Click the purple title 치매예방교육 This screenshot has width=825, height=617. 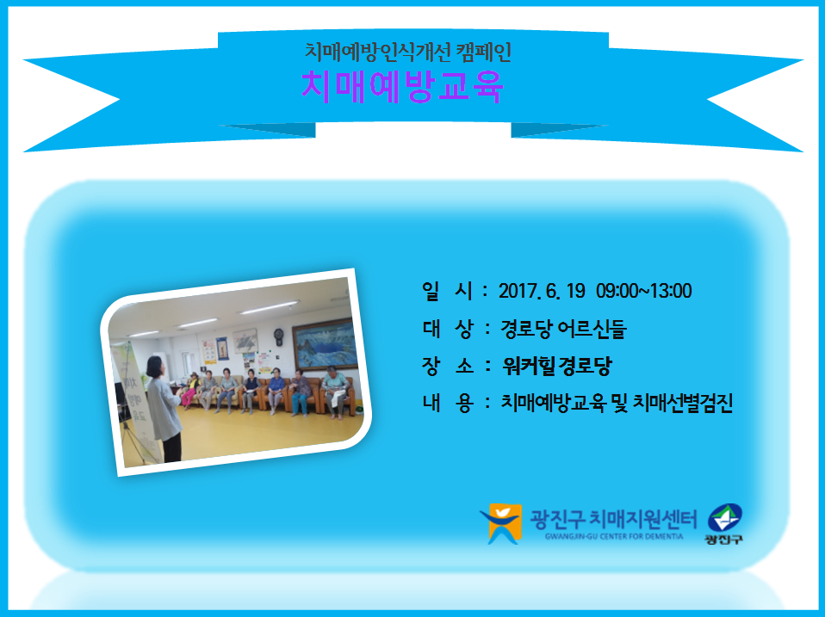[x=402, y=86]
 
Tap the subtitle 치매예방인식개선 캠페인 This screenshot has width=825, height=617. [x=408, y=52]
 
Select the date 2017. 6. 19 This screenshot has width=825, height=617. [x=542, y=291]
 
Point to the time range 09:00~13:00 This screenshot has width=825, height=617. [x=644, y=291]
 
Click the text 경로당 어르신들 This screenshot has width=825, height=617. [x=563, y=329]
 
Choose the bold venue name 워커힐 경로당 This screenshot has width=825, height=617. [x=556, y=366]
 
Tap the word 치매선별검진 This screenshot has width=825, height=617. [x=682, y=403]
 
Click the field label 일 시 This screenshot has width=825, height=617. [x=448, y=291]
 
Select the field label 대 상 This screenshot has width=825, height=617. [x=448, y=329]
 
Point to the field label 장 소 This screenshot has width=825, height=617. [x=448, y=367]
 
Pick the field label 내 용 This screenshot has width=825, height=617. [x=448, y=403]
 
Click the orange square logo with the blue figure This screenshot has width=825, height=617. [x=501, y=523]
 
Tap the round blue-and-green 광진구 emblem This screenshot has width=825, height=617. [x=725, y=518]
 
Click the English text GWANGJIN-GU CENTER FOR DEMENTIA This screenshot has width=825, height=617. [x=614, y=537]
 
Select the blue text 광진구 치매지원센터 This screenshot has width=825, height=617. [x=613, y=519]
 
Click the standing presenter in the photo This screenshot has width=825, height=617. [x=164, y=409]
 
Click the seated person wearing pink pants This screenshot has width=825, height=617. [x=190, y=391]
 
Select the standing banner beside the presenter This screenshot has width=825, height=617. [x=135, y=402]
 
